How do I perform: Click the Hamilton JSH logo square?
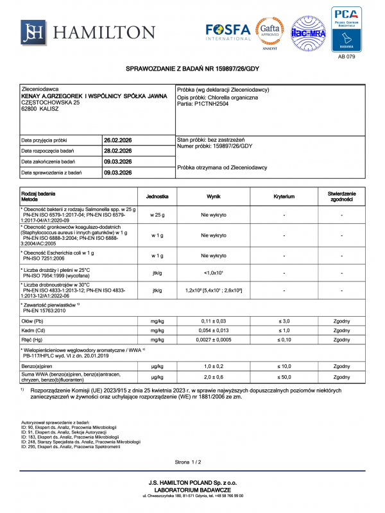[33, 32]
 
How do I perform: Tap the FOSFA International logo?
[228, 31]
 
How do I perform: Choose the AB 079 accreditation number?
[346, 56]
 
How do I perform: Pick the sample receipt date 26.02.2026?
[117, 140]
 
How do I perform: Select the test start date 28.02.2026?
[117, 151]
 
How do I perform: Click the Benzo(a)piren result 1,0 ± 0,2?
[214, 365]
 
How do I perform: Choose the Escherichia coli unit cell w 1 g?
[157, 255]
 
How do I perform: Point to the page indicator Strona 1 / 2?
[191, 462]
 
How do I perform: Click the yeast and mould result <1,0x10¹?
[214, 274]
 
